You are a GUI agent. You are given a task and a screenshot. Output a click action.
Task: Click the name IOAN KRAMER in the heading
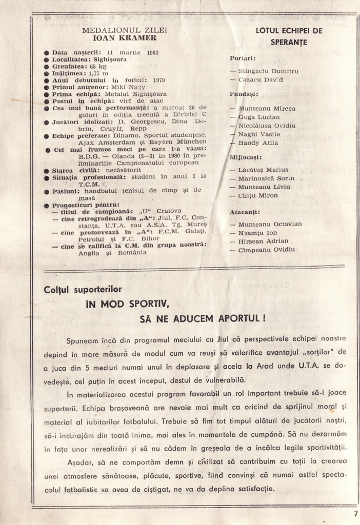tap(125, 38)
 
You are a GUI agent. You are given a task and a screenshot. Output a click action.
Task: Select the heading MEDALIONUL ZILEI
tap(125, 30)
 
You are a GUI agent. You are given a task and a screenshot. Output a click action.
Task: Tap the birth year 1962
tap(152, 52)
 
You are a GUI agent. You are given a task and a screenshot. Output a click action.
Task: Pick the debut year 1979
tap(159, 80)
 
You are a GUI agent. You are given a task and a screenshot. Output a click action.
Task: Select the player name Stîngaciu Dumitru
tap(268, 71)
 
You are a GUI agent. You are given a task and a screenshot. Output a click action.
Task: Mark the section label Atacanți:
tap(245, 211)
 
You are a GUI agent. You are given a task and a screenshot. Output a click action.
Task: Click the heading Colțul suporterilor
tap(83, 290)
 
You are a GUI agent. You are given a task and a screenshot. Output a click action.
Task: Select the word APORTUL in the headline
tap(239, 318)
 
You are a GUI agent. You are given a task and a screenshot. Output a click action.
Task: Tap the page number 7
tap(355, 513)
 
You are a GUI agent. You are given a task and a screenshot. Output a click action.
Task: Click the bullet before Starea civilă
tap(47, 170)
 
